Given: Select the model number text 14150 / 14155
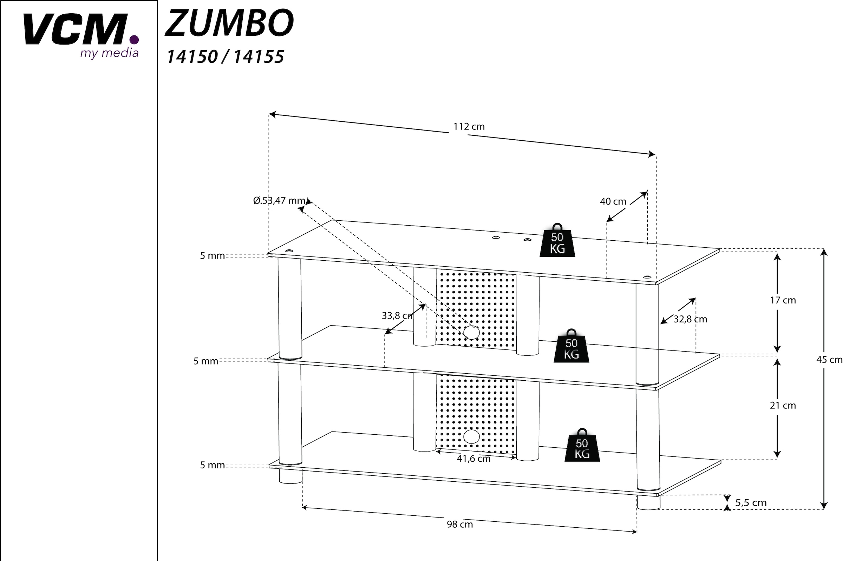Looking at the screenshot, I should click(225, 57).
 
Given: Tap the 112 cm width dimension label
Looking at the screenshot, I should click(469, 127).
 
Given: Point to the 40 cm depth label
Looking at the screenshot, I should click(613, 201).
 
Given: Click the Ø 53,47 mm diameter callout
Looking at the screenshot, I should click(279, 201).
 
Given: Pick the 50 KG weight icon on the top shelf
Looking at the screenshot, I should click(557, 241).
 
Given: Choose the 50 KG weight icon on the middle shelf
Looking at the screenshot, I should click(571, 347).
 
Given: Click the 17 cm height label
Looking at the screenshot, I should click(783, 300).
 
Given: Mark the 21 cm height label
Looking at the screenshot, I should click(783, 405).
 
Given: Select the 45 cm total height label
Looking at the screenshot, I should click(829, 360).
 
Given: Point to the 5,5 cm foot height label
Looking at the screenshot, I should click(751, 503).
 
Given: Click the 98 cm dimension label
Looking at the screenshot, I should click(460, 525).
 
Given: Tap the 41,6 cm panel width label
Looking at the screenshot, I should click(473, 459).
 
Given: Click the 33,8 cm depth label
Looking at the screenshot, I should click(397, 316).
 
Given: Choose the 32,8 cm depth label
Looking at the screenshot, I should click(690, 319).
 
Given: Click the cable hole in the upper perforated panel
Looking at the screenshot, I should click(471, 332).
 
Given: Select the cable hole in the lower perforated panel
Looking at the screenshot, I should click(471, 436).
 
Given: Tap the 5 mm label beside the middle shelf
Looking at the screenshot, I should click(206, 361).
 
